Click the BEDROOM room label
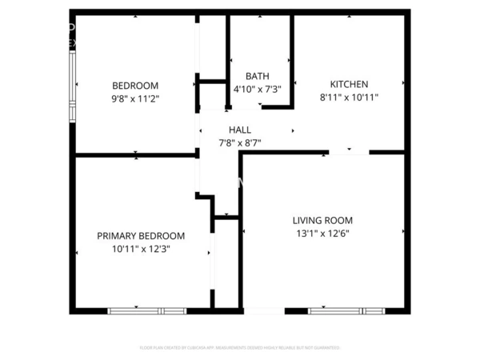pyautogui.click(x=134, y=85)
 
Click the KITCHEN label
pyautogui.click(x=349, y=84)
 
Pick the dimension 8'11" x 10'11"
pyautogui.click(x=349, y=98)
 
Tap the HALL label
pyautogui.click(x=240, y=130)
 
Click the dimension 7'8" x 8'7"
pyautogui.click(x=240, y=143)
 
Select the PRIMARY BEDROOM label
pyautogui.click(x=141, y=236)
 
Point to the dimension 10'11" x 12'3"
pyautogui.click(x=141, y=249)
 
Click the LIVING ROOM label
pyautogui.click(x=322, y=220)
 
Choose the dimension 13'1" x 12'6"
pyautogui.click(x=322, y=234)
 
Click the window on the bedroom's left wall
pyautogui.click(x=73, y=86)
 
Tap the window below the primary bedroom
pyautogui.click(x=147, y=310)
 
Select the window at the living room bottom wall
pyautogui.click(x=346, y=310)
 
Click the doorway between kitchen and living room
pyautogui.click(x=349, y=151)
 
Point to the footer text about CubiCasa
pyautogui.click(x=240, y=348)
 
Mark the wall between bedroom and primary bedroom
pyautogui.click(x=136, y=154)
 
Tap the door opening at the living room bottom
pyautogui.click(x=264, y=310)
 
